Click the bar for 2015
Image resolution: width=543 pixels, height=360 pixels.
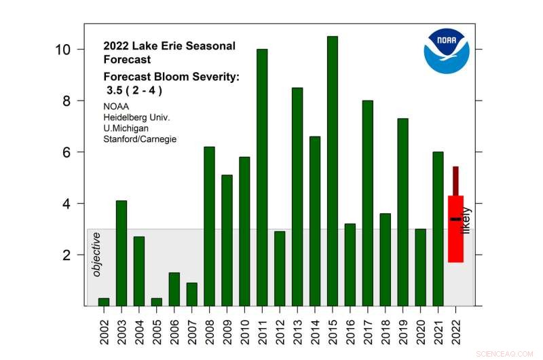pyautogui.click(x=333, y=170)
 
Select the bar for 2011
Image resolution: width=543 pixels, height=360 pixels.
pyautogui.click(x=262, y=177)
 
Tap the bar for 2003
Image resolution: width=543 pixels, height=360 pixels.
pyautogui.click(x=121, y=253)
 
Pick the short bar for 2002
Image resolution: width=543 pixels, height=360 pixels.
pyautogui.click(x=104, y=302)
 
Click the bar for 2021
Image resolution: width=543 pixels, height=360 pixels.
pyautogui.click(x=438, y=228)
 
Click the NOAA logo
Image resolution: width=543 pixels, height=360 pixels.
pyautogui.click(x=447, y=50)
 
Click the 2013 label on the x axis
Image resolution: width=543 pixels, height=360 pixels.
pyautogui.click(x=297, y=329)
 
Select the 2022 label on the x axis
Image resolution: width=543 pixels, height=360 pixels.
pyautogui.click(x=456, y=329)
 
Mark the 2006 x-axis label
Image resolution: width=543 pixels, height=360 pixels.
pyautogui.click(x=174, y=329)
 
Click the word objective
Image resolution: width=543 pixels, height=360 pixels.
pyautogui.click(x=96, y=254)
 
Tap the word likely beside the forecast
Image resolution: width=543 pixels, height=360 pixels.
pyautogui.click(x=466, y=221)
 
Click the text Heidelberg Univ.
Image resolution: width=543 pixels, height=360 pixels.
pyautogui.click(x=136, y=118)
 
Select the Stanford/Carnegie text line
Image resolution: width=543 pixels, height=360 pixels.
pyautogui.click(x=140, y=139)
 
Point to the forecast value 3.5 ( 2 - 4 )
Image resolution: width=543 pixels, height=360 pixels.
pyautogui.click(x=134, y=90)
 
